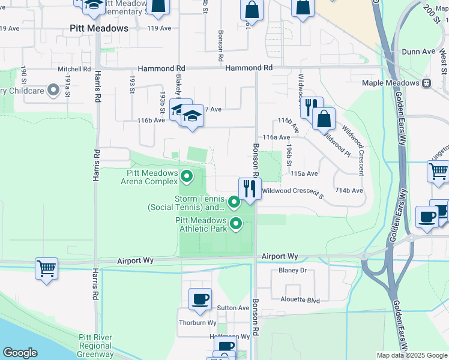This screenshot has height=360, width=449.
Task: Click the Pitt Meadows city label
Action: coord(99,28)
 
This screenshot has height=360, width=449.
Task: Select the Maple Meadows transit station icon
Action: coord(427,83)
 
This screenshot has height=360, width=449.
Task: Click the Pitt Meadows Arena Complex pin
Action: coord(187,176)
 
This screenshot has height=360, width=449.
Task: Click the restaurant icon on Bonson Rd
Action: coord(250,189)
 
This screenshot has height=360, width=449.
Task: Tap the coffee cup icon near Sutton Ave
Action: coord(200,298)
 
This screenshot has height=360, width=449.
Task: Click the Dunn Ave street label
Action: coord(418,52)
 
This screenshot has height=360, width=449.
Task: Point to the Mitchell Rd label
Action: coord(73,69)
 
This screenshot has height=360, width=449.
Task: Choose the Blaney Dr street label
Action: coord(292,271)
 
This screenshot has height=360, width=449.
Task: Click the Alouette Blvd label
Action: coord(300,299)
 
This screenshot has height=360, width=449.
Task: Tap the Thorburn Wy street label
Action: coord(197,323)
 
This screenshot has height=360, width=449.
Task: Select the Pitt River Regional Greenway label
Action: coord(95,346)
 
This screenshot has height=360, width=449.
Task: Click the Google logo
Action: coord(20,353)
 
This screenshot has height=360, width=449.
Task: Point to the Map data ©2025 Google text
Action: coord(411,355)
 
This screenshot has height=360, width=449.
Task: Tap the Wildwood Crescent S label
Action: coord(292,190)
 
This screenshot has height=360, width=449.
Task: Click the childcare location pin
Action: coord(53,91)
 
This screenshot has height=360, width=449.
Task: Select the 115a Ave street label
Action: coord(303,173)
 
